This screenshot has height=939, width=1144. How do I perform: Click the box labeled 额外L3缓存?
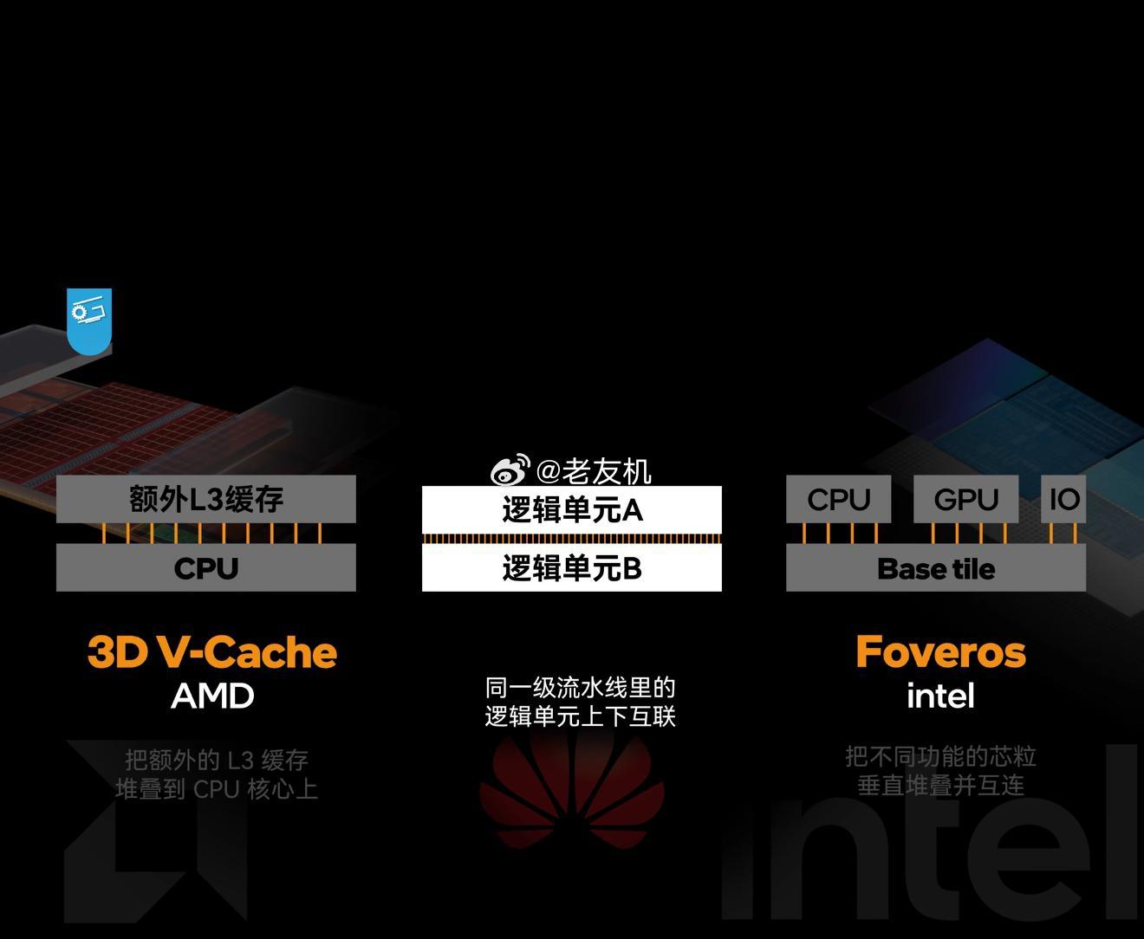[206, 499]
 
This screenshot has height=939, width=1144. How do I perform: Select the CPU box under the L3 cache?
[206, 567]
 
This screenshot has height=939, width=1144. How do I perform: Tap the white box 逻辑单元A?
[572, 509]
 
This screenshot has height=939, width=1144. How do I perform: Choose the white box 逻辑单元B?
[572, 567]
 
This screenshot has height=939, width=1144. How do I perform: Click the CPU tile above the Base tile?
[839, 499]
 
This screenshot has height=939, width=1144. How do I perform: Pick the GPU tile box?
[966, 499]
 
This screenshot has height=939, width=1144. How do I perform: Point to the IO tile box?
[1063, 499]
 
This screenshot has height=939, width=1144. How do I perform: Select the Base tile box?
[936, 567]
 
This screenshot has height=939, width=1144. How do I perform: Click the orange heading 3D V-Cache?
[212, 651]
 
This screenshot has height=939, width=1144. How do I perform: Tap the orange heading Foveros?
[941, 651]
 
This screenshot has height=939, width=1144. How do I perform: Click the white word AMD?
[212, 696]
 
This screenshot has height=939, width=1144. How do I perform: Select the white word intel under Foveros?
[940, 695]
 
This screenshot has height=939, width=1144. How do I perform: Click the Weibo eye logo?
[510, 469]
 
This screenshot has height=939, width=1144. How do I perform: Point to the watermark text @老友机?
[594, 471]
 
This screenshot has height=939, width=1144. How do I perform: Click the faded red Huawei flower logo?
[572, 792]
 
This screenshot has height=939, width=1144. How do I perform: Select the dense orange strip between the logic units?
[572, 538]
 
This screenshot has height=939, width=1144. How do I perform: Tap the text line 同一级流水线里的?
[580, 688]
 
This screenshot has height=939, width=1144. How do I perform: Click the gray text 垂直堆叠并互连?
[940, 785]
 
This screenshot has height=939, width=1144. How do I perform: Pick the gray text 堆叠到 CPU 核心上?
[217, 789]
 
